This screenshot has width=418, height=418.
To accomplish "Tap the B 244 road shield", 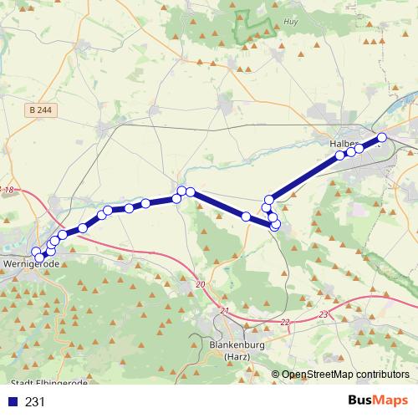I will tap(37, 110).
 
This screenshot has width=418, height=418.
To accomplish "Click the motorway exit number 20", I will tap(200, 285).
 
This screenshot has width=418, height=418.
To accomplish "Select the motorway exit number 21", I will tap(224, 311).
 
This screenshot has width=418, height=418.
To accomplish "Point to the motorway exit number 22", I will tap(284, 322).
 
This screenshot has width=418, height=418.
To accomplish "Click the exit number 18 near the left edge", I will tap(9, 191).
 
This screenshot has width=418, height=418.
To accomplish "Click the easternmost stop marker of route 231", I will tap(382, 137).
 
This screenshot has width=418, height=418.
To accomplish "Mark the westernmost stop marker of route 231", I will tap(36, 252).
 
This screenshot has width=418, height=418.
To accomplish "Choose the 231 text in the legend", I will tap(35, 402).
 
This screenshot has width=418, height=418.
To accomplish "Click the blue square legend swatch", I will tap(13, 402).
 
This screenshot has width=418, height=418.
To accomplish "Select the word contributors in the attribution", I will tap(385, 375).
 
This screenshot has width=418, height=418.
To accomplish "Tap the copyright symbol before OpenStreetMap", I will tap(276, 375).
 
